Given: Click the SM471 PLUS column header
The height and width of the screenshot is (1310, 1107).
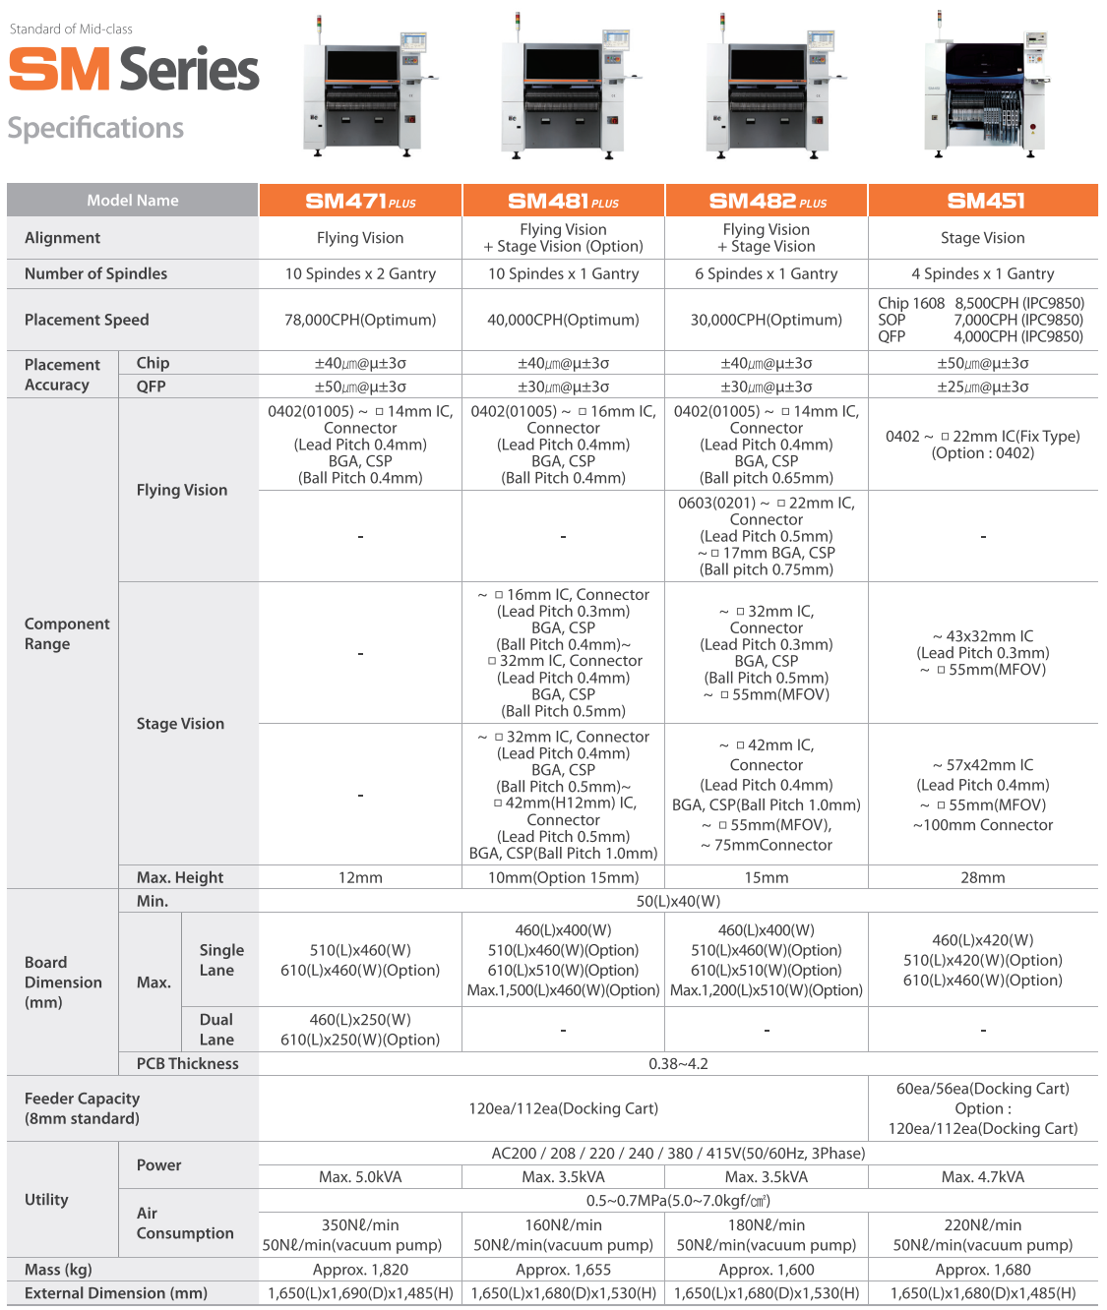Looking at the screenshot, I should tap(360, 201).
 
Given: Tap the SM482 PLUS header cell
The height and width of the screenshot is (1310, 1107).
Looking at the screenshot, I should tap(767, 201).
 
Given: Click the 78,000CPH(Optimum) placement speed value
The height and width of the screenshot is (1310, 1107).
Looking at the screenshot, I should tap(360, 320).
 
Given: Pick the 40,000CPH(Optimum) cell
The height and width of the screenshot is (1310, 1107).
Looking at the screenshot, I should tap(563, 320).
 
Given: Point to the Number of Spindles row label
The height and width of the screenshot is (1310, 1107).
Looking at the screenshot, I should tap(95, 273).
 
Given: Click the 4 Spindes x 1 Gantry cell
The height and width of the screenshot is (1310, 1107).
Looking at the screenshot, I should tap(982, 273).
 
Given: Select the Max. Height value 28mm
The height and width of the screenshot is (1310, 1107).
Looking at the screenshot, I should tap(982, 877).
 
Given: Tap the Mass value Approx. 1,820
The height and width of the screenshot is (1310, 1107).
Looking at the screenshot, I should tap(360, 1270).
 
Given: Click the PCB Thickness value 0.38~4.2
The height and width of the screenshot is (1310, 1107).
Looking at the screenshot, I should tap(678, 1063).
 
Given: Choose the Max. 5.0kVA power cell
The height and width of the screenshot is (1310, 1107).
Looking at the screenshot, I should tap(360, 1177).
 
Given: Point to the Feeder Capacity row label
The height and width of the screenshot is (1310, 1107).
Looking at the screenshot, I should tap(82, 1108).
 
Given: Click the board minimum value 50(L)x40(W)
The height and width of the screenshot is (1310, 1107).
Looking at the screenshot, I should tap(678, 901).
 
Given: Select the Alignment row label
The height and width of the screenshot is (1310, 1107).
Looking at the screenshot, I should tap(62, 238).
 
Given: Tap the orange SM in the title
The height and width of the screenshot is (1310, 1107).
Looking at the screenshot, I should tap(59, 70).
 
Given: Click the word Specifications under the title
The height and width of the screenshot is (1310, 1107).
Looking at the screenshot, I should tap(95, 128).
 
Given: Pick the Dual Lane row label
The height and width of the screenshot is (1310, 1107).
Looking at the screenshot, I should tap(216, 1030).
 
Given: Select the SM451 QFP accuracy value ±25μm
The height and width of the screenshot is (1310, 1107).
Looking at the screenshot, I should tap(982, 387).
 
